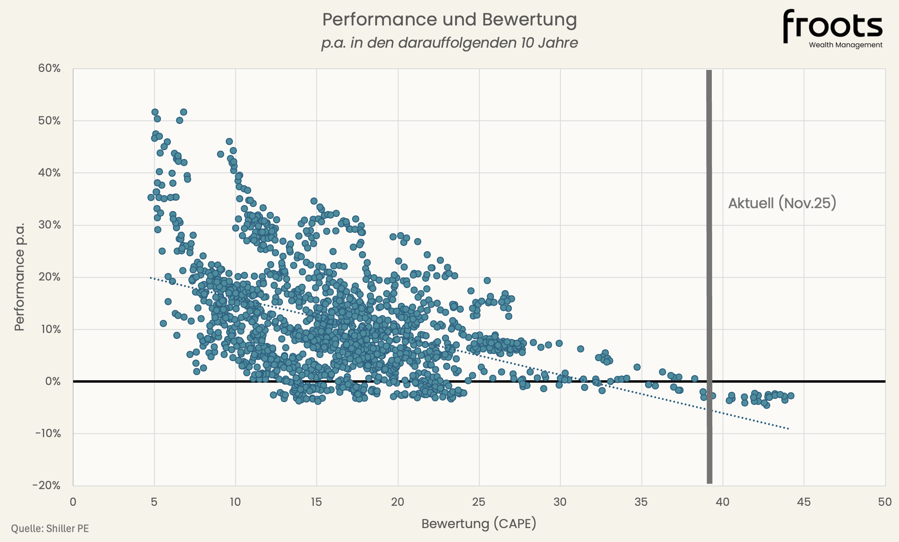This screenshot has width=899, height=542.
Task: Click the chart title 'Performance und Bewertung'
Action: click(449, 19)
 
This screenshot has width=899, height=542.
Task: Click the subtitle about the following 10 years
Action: click(449, 43)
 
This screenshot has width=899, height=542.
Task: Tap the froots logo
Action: click(832, 26)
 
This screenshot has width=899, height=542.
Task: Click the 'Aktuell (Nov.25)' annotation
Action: click(782, 203)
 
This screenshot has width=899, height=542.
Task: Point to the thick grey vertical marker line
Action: click(709, 278)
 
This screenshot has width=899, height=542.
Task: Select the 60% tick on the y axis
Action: click(49, 68)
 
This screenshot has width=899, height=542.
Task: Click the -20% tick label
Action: click(46, 485)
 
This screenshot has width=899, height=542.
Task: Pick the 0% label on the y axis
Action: click(53, 381)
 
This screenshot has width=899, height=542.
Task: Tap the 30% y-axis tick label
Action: click(49, 225)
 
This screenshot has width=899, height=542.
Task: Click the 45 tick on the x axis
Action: click(804, 502)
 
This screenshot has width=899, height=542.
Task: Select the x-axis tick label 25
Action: click(479, 502)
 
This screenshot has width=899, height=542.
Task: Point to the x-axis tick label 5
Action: click(154, 502)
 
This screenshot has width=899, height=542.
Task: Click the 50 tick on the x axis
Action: click(885, 502)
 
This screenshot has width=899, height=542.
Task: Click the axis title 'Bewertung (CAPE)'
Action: click(479, 524)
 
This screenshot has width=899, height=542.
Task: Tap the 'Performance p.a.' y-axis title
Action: click(19, 277)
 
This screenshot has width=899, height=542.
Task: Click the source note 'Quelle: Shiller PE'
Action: click(50, 528)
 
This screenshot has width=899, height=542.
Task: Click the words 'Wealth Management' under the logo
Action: click(845, 45)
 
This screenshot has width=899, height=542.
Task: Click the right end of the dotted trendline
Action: click(788, 429)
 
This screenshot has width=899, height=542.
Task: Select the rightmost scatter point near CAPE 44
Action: click(790, 395)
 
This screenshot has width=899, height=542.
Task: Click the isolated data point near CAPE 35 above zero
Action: click(637, 367)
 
